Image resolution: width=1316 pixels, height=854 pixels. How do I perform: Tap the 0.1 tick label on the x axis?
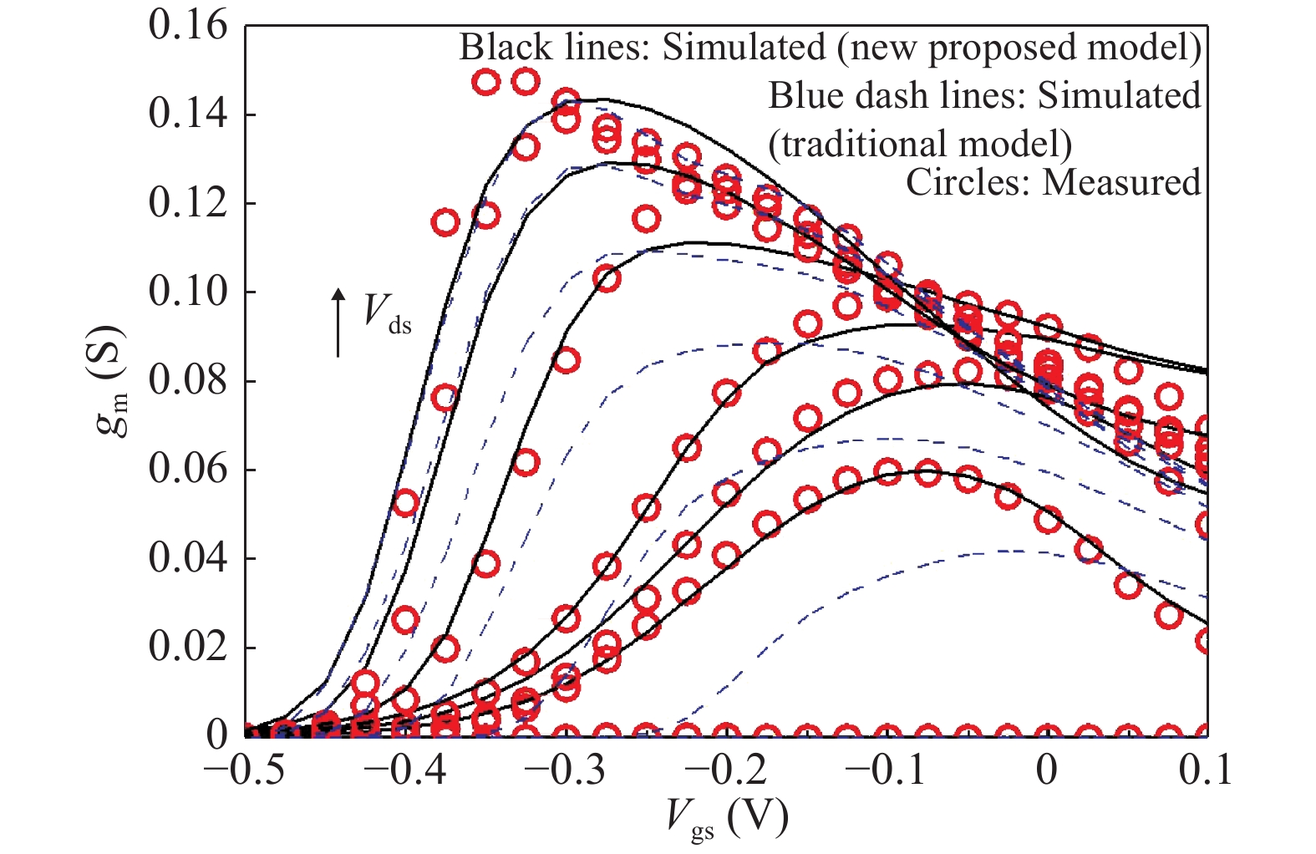pos(1205,769)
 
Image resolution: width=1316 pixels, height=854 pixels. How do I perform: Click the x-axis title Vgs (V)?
pos(727,818)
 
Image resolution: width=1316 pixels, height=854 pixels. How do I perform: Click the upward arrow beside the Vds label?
pos(338,323)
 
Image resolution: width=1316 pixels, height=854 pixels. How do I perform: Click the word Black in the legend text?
pos(495,48)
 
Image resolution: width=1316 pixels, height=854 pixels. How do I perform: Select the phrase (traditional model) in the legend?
pos(920,144)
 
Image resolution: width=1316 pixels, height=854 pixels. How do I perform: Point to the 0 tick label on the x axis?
pos(1046,769)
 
